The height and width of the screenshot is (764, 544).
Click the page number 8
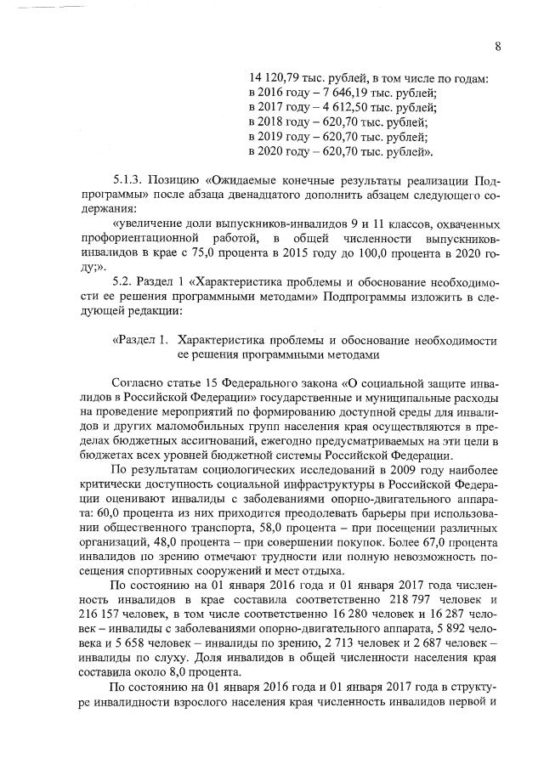click(498, 47)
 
